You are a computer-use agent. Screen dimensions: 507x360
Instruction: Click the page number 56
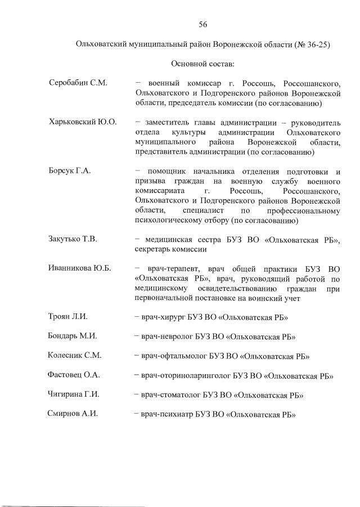[x=203, y=24]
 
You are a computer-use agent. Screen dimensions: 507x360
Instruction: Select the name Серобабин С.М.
[x=78, y=83]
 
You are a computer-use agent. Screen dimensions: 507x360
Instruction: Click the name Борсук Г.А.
[x=70, y=171]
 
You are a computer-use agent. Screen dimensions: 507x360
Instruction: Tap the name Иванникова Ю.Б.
[x=79, y=268]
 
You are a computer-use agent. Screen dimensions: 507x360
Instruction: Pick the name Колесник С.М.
[x=74, y=356]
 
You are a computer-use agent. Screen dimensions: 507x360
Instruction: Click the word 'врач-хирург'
[x=161, y=317]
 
